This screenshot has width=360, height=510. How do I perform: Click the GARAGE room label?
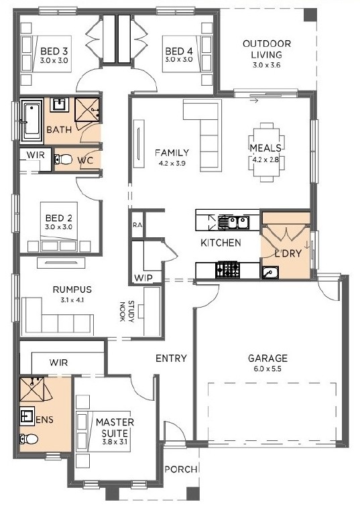click(x=268, y=358)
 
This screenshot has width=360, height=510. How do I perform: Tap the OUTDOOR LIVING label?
click(x=267, y=49)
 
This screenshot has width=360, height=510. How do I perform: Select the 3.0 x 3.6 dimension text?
click(x=267, y=65)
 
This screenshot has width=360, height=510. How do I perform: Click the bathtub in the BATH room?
click(x=32, y=121)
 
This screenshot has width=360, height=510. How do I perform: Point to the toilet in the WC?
click(x=63, y=160)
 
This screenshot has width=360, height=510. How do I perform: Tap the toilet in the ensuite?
click(x=29, y=439)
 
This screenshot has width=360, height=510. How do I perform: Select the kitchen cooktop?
click(x=227, y=269)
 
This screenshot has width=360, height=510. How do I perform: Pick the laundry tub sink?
click(x=270, y=272)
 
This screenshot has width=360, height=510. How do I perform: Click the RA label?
click(x=137, y=225)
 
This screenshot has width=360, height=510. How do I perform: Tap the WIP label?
click(x=143, y=278)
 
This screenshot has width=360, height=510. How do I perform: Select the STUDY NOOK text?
click(x=127, y=311)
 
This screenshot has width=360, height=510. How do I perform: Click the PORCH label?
click(x=181, y=469)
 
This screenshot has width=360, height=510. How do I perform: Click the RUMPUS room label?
click(x=72, y=289)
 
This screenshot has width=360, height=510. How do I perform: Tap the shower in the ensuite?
click(x=32, y=389)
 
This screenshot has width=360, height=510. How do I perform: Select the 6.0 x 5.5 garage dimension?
click(x=268, y=369)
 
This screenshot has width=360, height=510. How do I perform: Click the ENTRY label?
click(x=171, y=358)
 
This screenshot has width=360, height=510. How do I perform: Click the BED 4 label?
click(x=179, y=51)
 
